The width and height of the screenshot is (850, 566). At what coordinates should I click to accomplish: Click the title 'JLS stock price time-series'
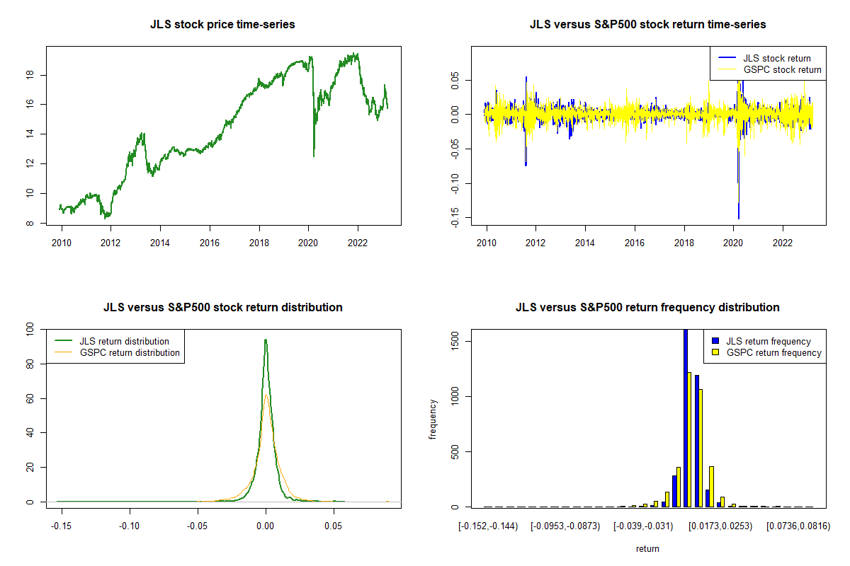[222, 25]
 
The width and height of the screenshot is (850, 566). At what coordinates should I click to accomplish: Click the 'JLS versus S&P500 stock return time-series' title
[647, 25]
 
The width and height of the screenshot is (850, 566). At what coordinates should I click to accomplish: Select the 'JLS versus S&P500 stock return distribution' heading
[222, 308]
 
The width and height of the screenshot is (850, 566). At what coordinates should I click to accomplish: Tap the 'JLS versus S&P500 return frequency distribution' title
[647, 308]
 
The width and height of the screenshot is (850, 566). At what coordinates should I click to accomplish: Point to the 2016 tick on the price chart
[210, 241]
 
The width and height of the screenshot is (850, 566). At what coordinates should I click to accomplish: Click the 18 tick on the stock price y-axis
[35, 75]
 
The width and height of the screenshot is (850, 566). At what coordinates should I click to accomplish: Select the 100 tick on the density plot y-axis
[31, 329]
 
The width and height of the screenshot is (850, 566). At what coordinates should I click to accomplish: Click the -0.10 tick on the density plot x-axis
[129, 526]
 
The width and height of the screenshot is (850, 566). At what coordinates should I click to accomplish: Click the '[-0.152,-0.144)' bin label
[487, 526]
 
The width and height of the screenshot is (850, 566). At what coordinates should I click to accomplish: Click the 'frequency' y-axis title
[433, 419]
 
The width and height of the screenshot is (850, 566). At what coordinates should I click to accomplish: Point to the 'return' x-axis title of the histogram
[647, 548]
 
